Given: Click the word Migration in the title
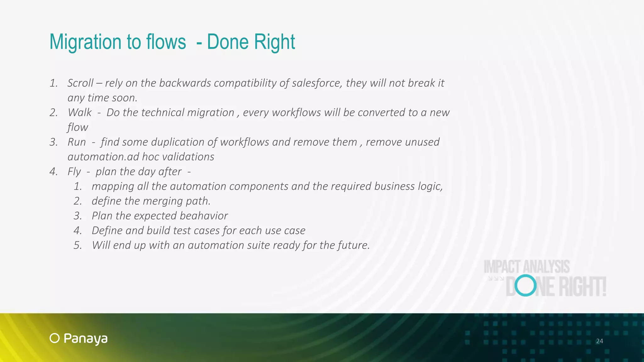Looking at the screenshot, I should (x=86, y=42).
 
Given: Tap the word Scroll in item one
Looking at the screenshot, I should (x=80, y=83).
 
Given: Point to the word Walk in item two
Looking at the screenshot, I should (x=80, y=112).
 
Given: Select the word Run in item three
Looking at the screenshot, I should (x=76, y=142).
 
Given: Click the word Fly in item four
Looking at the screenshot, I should (x=74, y=172).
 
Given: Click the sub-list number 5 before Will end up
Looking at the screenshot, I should (x=77, y=245).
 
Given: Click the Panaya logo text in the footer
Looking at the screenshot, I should (x=86, y=339).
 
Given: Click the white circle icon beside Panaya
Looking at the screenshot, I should (x=55, y=338).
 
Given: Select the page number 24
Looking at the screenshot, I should (x=599, y=341).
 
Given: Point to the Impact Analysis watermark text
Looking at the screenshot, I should (x=526, y=267).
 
